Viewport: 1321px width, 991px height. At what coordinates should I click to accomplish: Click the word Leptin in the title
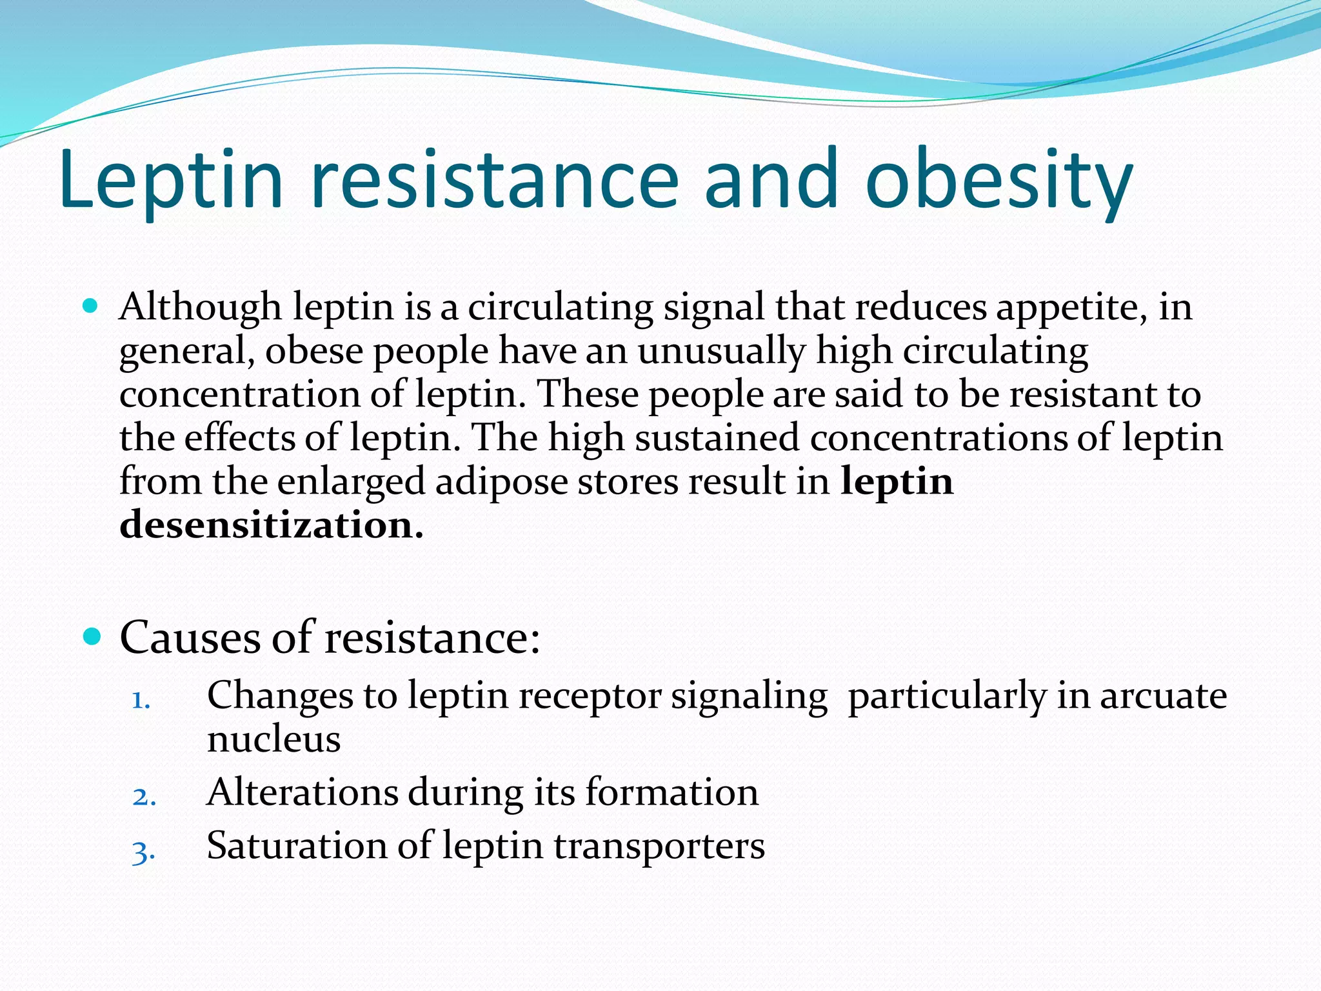click(x=171, y=179)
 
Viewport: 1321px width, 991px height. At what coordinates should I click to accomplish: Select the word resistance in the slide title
click(x=495, y=179)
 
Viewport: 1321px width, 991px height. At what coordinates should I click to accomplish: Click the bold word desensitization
click(x=271, y=525)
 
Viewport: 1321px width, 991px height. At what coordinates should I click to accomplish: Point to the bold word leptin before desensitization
click(x=897, y=482)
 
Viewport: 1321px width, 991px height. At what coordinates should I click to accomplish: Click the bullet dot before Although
click(x=91, y=306)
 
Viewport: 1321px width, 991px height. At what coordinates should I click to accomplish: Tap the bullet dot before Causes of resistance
click(x=92, y=637)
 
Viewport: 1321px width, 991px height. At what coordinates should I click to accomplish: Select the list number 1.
click(x=141, y=700)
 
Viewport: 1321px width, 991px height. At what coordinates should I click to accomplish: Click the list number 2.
click(x=144, y=797)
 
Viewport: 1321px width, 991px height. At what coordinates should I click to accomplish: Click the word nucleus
click(x=273, y=739)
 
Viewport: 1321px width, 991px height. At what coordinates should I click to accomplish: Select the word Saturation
click(x=297, y=846)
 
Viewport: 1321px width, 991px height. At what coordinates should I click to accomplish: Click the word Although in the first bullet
click(x=200, y=308)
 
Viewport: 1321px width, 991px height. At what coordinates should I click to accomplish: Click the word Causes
click(x=190, y=638)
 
